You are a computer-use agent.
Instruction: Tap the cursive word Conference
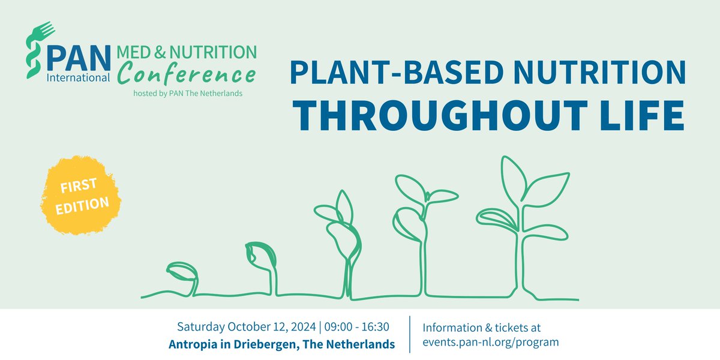187,75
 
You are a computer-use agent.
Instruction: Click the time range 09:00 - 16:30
358,327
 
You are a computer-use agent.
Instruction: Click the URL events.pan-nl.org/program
491,343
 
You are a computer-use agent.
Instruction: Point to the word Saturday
200,327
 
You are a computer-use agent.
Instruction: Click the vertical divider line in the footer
410,335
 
